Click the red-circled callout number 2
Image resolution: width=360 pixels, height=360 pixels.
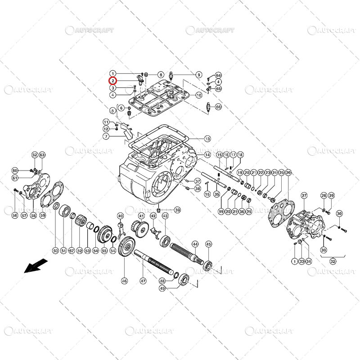click(113, 81)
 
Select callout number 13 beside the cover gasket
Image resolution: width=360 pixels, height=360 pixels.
click(207, 139)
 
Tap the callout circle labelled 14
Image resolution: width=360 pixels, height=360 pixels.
click(207, 155)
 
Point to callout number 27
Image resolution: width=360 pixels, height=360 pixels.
click(304, 196)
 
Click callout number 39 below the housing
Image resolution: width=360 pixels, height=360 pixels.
click(177, 210)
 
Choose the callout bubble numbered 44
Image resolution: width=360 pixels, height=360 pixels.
click(195, 244)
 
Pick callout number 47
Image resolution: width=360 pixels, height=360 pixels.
click(143, 281)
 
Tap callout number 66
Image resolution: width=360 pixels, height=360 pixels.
click(218, 107)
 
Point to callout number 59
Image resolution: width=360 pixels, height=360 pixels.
click(43, 216)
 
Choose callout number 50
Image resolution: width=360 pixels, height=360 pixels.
click(55, 251)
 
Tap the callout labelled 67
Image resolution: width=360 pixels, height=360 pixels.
click(71, 251)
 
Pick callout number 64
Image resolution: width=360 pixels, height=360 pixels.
click(218, 75)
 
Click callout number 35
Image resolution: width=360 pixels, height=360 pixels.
click(216, 194)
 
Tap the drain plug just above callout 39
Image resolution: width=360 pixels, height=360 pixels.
click(159, 210)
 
